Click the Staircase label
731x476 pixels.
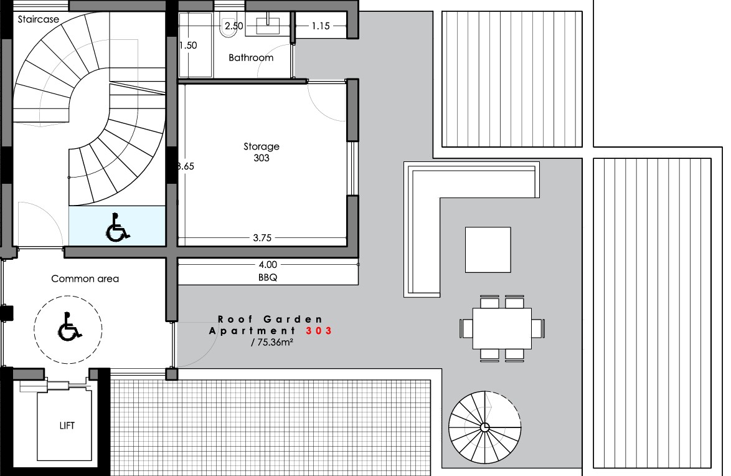[x=38, y=19]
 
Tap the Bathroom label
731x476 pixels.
[x=251, y=58]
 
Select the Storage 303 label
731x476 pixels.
[x=262, y=152]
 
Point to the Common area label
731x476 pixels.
[x=85, y=278]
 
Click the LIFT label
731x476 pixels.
[x=67, y=426]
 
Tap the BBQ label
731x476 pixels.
[x=268, y=277]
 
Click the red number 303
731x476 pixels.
[x=319, y=331]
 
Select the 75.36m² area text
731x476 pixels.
[x=272, y=342]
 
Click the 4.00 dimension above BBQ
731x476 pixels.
[x=268, y=265]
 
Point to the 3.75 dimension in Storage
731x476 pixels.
[x=262, y=238]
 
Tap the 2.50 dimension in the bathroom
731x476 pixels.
[x=234, y=26]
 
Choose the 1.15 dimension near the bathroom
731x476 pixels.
[x=321, y=26]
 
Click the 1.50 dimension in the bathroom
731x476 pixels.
[x=188, y=45]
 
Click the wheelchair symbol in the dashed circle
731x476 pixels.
[x=70, y=326]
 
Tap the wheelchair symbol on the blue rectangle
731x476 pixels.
[x=118, y=228]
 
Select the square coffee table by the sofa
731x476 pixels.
[x=488, y=250]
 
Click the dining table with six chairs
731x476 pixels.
[x=502, y=328]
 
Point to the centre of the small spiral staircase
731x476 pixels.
[x=485, y=427]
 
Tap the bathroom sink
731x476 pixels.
[x=268, y=24]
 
